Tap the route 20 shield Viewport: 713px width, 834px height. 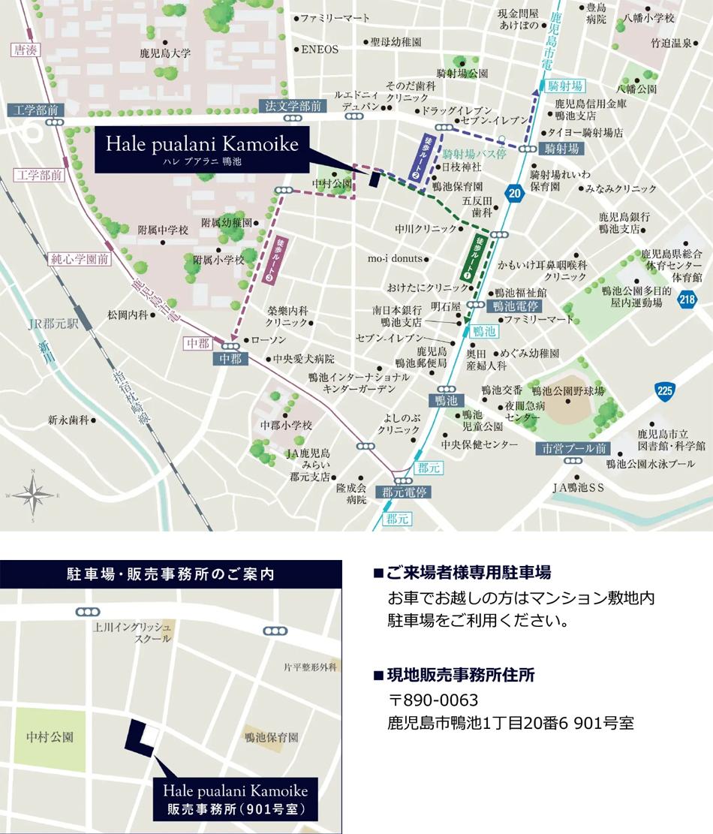click(513, 192)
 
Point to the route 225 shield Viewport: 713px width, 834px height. click(664, 390)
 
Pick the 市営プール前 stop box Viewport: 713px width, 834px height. click(574, 449)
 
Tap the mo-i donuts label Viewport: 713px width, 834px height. click(395, 259)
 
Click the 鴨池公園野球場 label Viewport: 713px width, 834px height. click(567, 390)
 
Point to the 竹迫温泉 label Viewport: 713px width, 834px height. click(671, 43)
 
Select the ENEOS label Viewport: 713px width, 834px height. click(320, 50)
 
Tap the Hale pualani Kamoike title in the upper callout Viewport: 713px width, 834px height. click(202, 143)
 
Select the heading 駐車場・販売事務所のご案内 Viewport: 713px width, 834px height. click(171, 575)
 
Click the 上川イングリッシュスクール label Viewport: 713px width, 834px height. click(133, 631)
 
